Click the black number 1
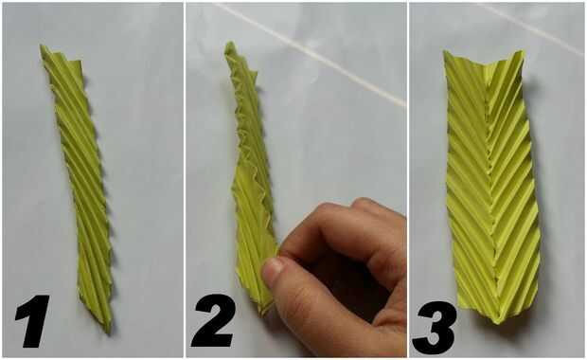(34, 321)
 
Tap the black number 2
(214, 320)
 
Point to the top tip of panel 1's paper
(42, 46)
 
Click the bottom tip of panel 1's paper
(109, 333)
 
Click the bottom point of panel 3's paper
(496, 323)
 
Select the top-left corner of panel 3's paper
(444, 52)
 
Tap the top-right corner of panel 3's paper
(522, 52)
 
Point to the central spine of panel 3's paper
(490, 188)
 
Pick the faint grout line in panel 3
(531, 29)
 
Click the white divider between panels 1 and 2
(185, 180)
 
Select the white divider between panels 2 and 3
(408, 180)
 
